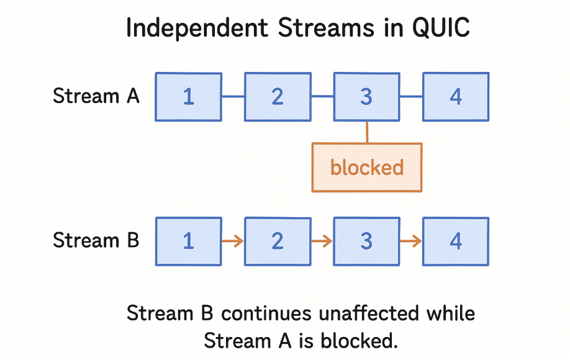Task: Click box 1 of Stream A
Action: pos(188,97)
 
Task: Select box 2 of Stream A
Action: pos(278,97)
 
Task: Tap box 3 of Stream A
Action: pos(366,97)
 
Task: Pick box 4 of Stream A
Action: pos(456,97)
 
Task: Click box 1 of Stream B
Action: pos(188,241)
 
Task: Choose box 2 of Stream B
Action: pos(278,241)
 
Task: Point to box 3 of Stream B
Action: pos(366,241)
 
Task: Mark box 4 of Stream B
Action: pos(456,241)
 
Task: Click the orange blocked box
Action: pos(367,168)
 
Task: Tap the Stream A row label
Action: pos(96,97)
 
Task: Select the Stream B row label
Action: pos(96,241)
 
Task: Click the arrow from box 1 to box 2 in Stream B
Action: pos(233,241)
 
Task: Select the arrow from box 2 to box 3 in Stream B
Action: pos(322,241)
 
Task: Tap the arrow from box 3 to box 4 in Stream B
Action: pos(411,241)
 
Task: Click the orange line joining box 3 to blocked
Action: pos(367,132)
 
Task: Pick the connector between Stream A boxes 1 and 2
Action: pos(233,97)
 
